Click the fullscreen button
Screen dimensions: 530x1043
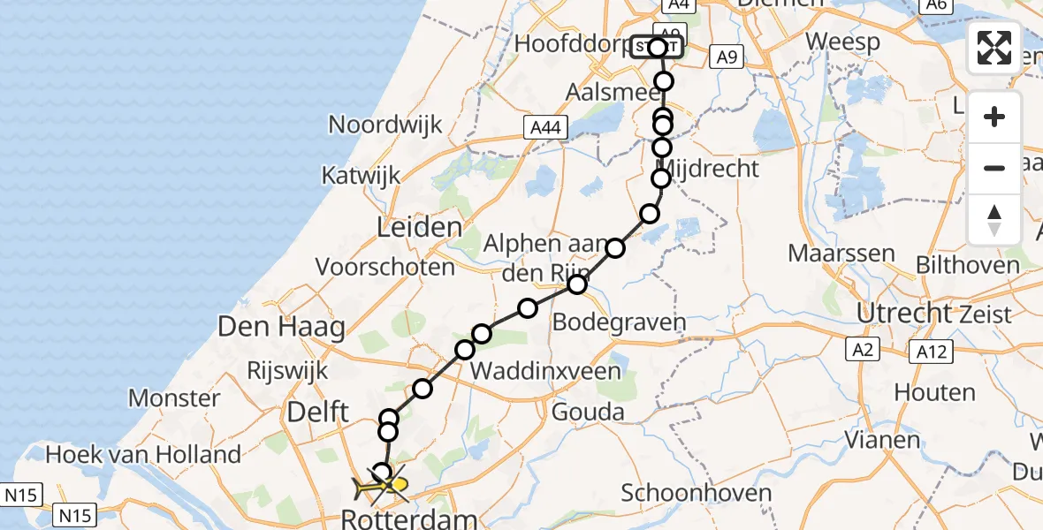(994, 47)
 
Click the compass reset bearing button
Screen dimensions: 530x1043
(994, 219)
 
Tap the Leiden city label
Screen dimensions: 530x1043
(419, 227)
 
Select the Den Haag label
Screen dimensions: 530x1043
(281, 329)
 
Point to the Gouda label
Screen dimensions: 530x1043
(587, 411)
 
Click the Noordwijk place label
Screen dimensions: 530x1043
(384, 124)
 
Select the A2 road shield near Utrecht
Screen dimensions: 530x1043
(864, 349)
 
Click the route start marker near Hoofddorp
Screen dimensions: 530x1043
(657, 47)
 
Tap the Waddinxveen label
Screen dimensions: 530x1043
(544, 371)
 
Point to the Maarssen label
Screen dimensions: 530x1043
(841, 254)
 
